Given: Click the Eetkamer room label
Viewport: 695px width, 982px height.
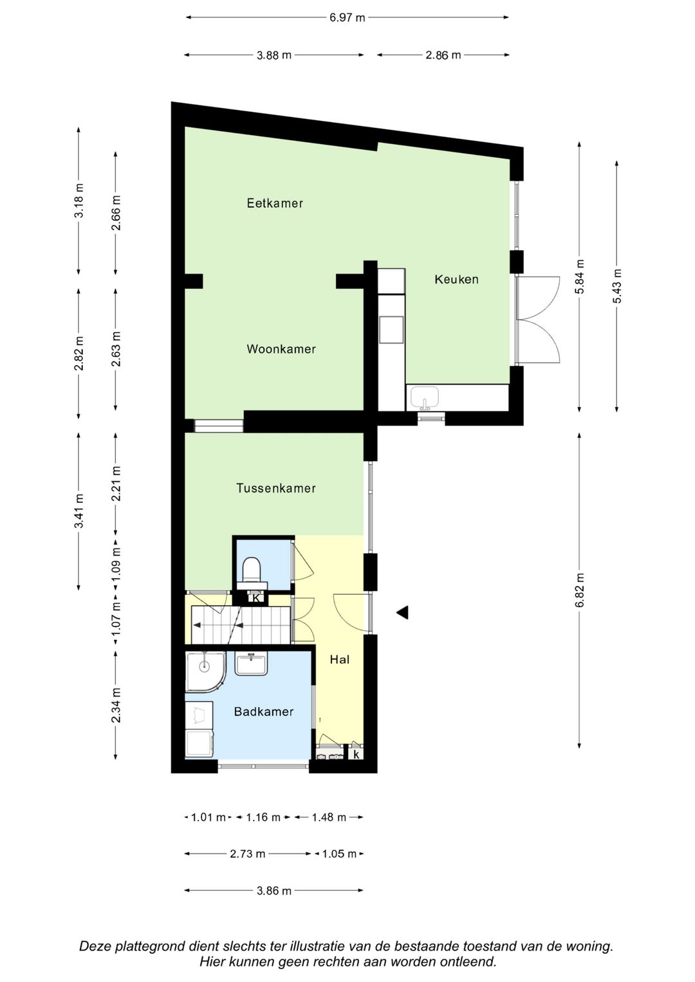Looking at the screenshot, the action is click(x=275, y=203).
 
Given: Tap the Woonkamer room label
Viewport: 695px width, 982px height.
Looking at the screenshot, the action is click(x=281, y=349).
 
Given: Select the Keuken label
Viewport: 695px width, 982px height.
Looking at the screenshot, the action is click(x=456, y=279).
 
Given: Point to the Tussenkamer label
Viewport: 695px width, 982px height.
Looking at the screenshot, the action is click(x=276, y=488).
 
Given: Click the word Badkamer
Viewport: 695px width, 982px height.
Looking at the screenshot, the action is click(x=264, y=711).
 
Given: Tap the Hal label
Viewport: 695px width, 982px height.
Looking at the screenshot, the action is click(x=340, y=659).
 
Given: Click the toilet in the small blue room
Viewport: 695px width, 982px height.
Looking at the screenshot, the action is click(x=252, y=568).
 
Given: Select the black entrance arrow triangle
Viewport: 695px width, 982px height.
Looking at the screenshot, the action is click(x=402, y=612).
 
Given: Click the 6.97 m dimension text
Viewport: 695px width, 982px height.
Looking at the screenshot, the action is click(x=347, y=17).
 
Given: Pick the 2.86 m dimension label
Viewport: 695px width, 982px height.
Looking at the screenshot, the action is click(x=443, y=55).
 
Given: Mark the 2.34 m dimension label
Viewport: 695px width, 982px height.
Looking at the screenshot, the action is click(x=115, y=705).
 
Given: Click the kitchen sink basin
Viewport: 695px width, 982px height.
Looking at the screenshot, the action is click(x=425, y=398).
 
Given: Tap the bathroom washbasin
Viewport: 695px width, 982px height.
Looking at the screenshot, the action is click(x=252, y=663).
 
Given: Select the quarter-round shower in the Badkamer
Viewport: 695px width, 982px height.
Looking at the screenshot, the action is click(x=205, y=672).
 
